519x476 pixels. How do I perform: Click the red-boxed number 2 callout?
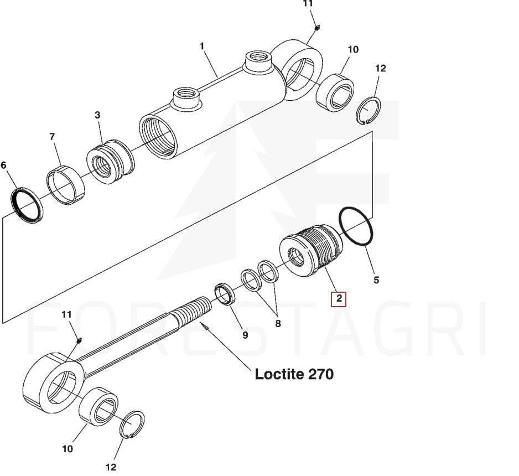pyautogui.click(x=339, y=299)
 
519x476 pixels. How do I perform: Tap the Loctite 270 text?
pyautogui.click(x=294, y=374)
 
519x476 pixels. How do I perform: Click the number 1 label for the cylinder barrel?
pyautogui.click(x=202, y=46)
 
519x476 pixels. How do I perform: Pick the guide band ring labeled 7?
pyautogui.click(x=65, y=185)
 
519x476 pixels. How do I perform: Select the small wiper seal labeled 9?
pyautogui.click(x=225, y=294)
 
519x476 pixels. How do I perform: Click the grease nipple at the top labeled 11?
pyautogui.click(x=316, y=28)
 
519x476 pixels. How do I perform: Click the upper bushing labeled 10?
pyautogui.click(x=335, y=92)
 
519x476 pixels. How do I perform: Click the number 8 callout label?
pyautogui.click(x=278, y=324)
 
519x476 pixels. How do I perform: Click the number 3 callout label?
pyautogui.click(x=97, y=115)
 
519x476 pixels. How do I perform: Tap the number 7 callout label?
pyautogui.click(x=52, y=136)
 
